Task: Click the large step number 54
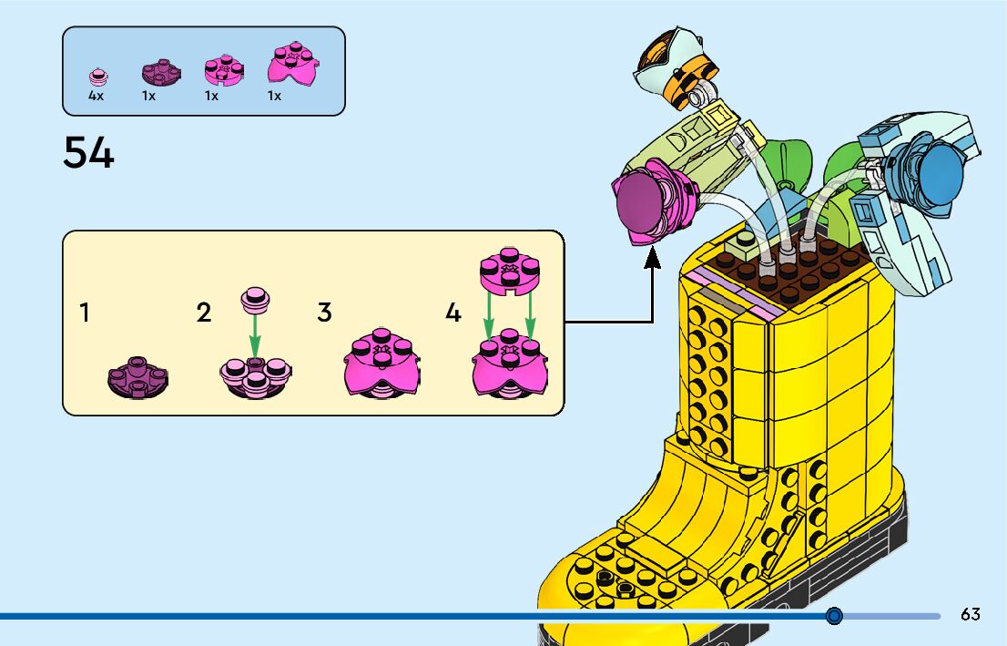point(88,152)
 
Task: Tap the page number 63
point(970,614)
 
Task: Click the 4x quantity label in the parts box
point(96,96)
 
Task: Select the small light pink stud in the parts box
point(96,75)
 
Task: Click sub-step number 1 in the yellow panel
point(85,313)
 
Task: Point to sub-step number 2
point(204,313)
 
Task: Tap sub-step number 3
point(324,313)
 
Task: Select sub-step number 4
point(453,313)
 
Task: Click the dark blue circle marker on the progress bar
point(834,616)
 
